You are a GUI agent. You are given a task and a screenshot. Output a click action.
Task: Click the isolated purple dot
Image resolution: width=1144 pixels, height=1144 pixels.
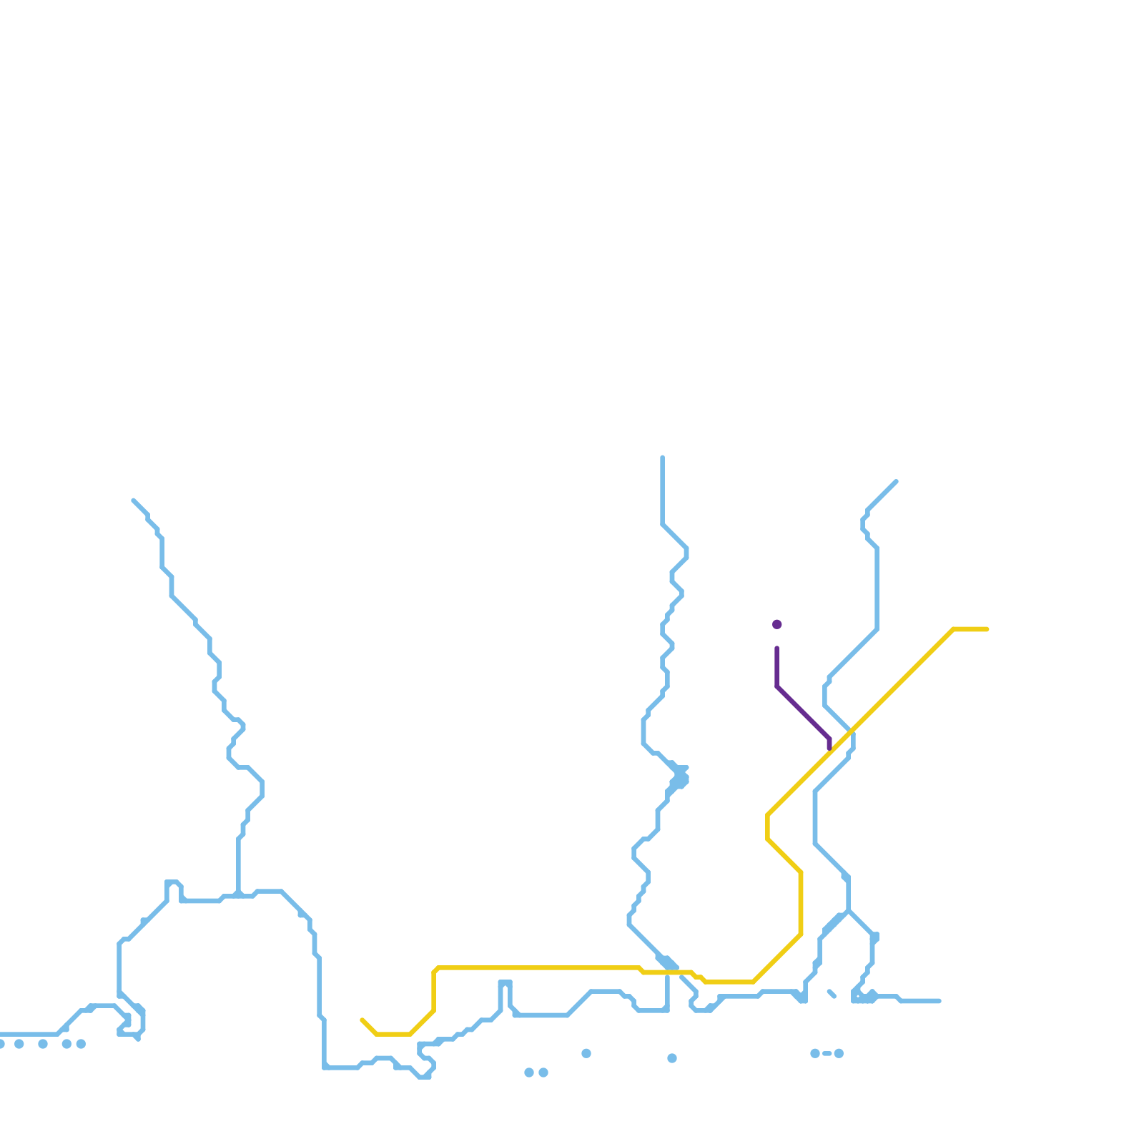(776, 624)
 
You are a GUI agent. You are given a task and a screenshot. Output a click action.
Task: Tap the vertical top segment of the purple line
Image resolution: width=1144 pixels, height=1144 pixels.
(776, 667)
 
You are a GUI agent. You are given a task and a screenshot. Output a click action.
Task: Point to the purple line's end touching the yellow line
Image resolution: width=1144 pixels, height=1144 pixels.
(829, 749)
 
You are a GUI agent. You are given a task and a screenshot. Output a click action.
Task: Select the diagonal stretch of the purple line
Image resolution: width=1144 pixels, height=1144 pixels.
(803, 713)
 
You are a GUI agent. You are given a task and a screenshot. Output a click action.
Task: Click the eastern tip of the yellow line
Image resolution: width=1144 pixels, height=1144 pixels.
(987, 629)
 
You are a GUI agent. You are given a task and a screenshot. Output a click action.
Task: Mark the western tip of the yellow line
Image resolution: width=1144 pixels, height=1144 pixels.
(363, 1020)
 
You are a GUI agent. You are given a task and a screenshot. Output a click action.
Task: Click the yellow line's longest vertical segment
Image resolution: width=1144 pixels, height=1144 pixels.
(801, 903)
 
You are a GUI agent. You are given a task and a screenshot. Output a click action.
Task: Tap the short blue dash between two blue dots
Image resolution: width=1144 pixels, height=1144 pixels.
(827, 1053)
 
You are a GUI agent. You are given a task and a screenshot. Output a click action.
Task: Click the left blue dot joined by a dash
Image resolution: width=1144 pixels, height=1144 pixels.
(815, 1053)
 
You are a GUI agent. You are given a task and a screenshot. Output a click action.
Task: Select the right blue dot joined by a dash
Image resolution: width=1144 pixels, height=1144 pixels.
(839, 1053)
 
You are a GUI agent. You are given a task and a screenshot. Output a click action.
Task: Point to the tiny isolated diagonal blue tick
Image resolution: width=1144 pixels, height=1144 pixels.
(832, 993)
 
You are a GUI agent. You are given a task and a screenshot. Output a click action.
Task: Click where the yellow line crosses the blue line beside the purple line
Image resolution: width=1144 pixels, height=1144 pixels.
(851, 731)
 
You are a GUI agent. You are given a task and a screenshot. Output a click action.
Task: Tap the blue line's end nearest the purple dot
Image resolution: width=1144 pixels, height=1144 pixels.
(896, 482)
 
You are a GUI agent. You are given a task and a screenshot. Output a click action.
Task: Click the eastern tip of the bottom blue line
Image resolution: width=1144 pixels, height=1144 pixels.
(939, 1001)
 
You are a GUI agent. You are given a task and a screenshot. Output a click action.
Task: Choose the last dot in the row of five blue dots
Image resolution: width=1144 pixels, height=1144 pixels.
(81, 1044)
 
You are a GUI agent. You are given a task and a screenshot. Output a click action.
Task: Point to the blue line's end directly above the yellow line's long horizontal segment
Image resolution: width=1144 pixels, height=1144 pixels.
(663, 458)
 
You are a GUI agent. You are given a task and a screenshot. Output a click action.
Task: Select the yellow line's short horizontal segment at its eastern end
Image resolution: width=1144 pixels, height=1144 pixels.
(970, 629)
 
